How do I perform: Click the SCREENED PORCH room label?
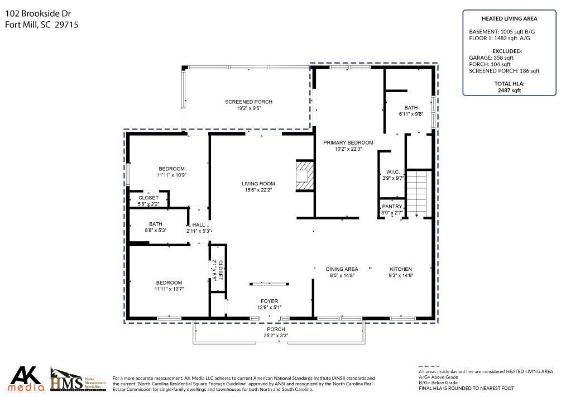point(248,102)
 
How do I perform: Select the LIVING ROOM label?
point(258,184)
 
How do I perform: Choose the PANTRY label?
point(392,207)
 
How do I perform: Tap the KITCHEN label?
point(400,269)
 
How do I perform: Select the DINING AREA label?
point(342,269)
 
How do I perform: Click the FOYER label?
point(269,301)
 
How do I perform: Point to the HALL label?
point(199,224)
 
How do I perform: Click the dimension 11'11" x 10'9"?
point(171,175)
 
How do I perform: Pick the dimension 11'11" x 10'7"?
point(169,289)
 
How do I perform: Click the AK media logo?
point(27,379)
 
